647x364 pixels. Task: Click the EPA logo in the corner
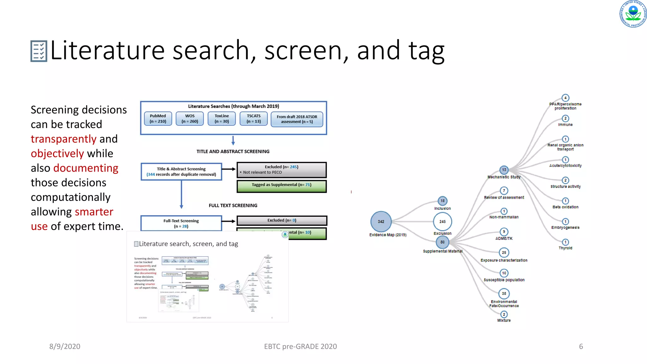coord(633,14)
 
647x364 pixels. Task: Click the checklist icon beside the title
coord(39,51)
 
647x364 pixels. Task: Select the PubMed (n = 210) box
coord(158,119)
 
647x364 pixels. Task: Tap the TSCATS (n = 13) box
coord(254,119)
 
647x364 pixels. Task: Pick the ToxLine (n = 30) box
coord(222,119)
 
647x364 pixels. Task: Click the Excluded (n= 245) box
coord(281,170)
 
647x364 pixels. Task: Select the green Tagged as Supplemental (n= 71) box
coord(281,186)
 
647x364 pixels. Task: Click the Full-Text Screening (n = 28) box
coord(181,223)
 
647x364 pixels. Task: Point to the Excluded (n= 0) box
coord(281,220)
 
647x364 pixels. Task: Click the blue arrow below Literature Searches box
coord(233,140)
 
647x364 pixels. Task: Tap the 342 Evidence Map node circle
coord(381,221)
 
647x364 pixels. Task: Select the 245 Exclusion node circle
coord(442,221)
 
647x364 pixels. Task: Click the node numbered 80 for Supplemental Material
coord(442,242)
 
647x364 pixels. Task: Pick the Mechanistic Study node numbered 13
coord(504,170)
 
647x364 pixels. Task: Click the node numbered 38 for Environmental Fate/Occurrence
coord(504,294)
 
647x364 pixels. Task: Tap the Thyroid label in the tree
coord(565,248)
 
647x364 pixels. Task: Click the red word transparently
coord(63,139)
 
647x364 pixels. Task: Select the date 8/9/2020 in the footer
coord(65,346)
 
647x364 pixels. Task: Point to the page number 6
coord(581,346)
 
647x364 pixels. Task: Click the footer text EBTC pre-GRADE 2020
coord(300,346)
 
